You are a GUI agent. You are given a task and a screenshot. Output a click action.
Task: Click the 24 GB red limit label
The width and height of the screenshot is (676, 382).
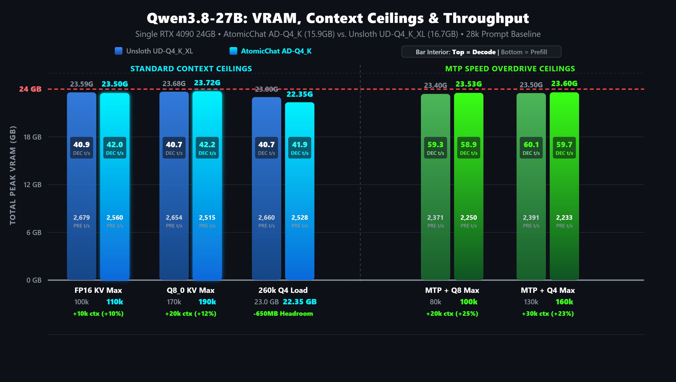(30, 89)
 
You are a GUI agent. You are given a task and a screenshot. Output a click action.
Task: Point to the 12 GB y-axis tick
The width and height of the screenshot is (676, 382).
(32, 185)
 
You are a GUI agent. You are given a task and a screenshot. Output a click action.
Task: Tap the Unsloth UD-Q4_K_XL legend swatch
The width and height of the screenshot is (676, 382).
(118, 51)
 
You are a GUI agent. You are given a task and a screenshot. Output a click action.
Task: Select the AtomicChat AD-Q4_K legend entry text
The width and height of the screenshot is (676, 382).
(276, 51)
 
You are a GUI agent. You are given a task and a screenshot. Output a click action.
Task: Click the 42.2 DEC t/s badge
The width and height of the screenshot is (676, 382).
(207, 148)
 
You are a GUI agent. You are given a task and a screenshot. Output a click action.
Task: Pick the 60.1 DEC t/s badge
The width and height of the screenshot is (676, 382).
(531, 148)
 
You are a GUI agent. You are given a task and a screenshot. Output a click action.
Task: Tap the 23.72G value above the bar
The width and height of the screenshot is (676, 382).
(207, 83)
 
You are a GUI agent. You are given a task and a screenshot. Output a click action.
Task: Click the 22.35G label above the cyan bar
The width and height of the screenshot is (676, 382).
(299, 94)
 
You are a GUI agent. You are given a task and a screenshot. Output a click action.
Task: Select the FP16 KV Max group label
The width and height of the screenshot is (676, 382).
(98, 290)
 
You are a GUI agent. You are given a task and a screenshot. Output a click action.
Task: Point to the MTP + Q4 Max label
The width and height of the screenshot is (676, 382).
(548, 290)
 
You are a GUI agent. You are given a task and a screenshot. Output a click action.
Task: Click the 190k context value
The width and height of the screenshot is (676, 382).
(207, 302)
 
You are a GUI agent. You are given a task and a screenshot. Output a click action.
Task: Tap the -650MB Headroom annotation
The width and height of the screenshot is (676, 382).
(283, 313)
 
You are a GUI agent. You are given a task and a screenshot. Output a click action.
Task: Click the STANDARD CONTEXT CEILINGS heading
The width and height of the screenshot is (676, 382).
(191, 69)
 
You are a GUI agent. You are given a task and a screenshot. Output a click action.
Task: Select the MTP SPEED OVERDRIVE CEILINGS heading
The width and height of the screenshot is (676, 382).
(510, 69)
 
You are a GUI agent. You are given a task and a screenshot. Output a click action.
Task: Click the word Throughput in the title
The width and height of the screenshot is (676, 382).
(486, 18)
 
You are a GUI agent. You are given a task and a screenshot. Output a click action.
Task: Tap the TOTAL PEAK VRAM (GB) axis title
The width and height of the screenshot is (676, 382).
(12, 175)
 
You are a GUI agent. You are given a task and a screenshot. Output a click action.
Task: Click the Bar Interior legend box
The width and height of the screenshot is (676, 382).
(481, 52)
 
